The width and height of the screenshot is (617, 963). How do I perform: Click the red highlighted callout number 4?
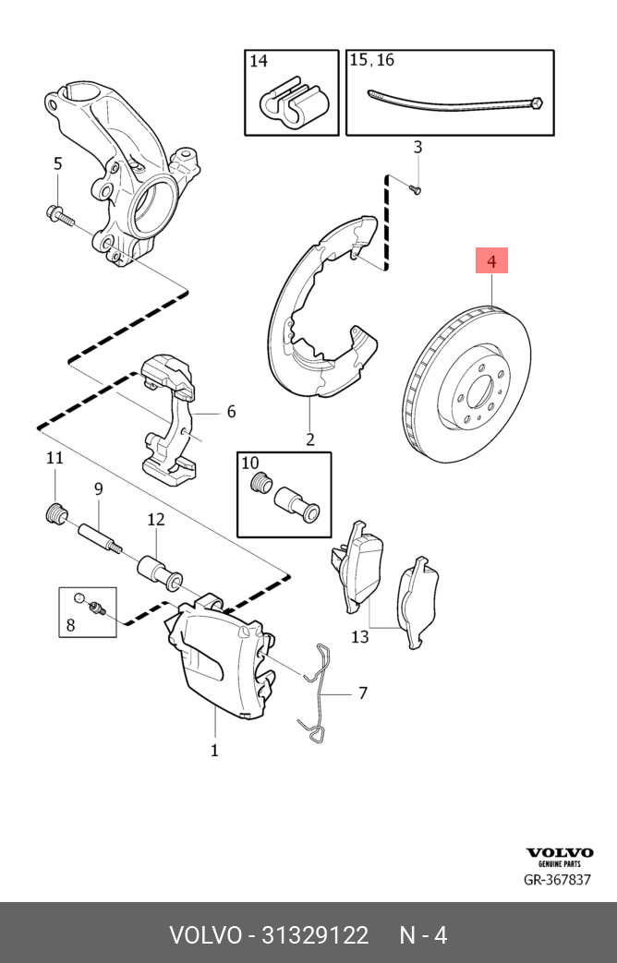[x=491, y=262]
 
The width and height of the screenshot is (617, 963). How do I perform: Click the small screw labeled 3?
[x=414, y=188]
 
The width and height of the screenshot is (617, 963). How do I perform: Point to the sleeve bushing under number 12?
[x=158, y=569]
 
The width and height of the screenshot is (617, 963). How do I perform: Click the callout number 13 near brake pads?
[x=359, y=636]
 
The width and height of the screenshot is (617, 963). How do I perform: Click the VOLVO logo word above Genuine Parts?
[x=559, y=853]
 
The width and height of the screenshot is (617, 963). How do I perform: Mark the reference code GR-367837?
[x=557, y=880]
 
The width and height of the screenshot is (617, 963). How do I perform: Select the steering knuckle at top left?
[x=120, y=175]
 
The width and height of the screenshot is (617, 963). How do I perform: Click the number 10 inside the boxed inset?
[x=250, y=463]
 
